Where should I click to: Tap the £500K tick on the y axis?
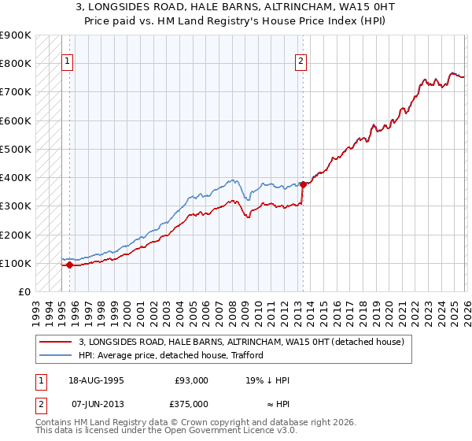tap(16, 149)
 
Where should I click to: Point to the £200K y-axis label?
tap(16, 235)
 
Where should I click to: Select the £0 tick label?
tap(24, 292)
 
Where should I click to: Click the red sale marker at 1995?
tap(69, 265)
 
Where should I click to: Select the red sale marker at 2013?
tap(303, 184)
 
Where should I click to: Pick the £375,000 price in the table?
tap(192, 403)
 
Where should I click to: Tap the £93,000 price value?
tap(192, 380)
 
